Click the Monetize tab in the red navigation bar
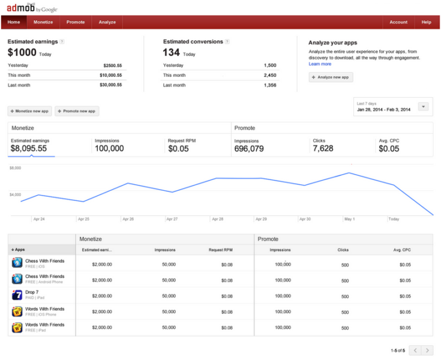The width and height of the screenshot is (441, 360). (43, 22)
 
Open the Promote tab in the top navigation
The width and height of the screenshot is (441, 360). (76, 22)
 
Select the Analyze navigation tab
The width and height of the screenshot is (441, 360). (107, 22)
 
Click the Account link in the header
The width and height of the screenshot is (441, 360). (398, 22)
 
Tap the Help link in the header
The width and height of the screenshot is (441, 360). (426, 22)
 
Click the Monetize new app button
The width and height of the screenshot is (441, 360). (29, 111)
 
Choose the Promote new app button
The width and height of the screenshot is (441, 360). (77, 111)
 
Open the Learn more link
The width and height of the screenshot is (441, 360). (320, 64)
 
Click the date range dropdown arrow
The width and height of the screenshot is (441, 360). (423, 106)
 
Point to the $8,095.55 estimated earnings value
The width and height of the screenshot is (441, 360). (29, 149)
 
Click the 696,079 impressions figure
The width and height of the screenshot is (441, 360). (248, 149)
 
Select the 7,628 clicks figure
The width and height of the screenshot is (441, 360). (323, 149)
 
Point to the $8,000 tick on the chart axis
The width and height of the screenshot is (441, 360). (15, 168)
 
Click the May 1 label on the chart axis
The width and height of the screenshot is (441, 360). (349, 219)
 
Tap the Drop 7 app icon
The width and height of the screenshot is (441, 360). (17, 295)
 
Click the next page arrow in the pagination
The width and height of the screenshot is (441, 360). (427, 350)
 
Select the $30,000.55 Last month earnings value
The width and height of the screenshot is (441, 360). (111, 85)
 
